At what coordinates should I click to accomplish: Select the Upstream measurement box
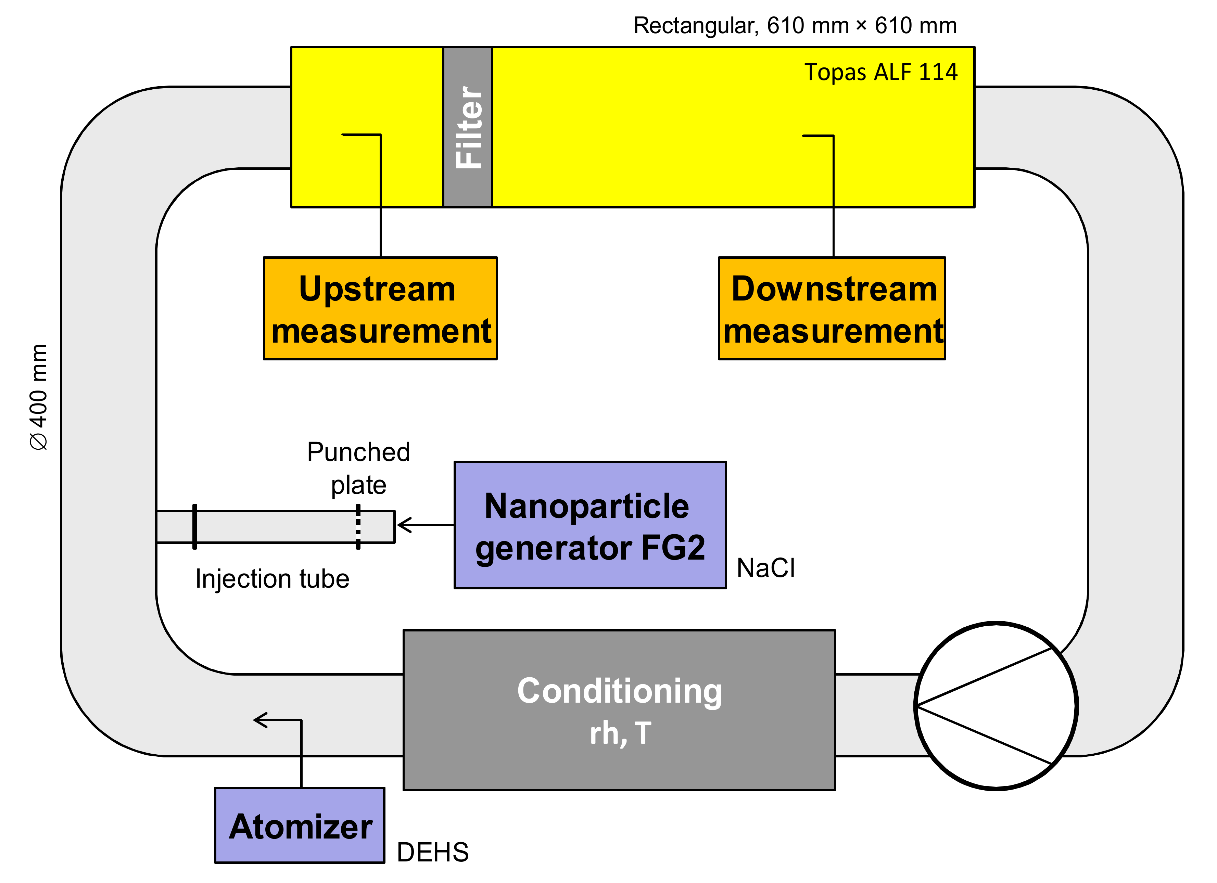380,308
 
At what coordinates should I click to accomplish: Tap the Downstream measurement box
832,308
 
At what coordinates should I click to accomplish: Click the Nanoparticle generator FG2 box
590,525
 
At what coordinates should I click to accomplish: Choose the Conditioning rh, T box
619,710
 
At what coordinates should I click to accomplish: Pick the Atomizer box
300,826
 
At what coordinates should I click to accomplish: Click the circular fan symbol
996,706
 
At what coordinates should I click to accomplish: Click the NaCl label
766,568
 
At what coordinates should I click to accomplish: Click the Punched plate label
358,468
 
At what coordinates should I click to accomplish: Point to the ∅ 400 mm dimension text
39,397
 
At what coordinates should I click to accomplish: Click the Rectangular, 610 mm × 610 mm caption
795,26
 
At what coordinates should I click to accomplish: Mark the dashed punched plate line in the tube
358,527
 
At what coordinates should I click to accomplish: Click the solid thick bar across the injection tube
195,527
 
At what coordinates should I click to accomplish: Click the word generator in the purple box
554,549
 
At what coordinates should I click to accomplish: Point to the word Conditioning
620,691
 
